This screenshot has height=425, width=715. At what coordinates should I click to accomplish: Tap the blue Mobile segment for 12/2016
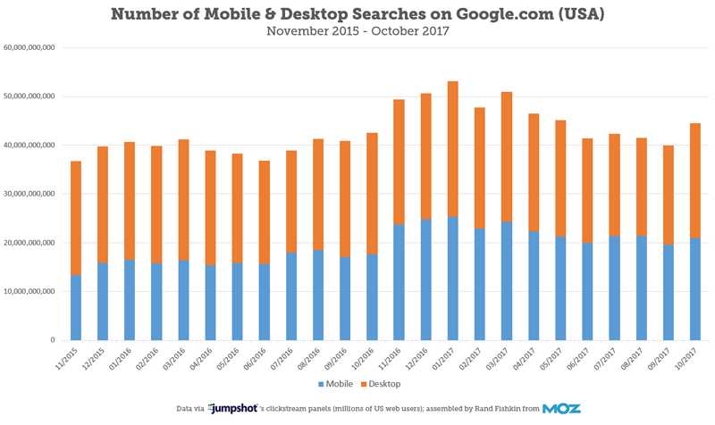click(425, 279)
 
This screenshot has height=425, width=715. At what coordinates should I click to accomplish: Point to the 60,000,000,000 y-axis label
click(29, 47)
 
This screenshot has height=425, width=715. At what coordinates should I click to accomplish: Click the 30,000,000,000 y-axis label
click(29, 194)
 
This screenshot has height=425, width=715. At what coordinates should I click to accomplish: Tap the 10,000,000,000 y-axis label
click(29, 291)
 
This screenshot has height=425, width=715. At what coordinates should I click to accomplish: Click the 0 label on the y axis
click(54, 340)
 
